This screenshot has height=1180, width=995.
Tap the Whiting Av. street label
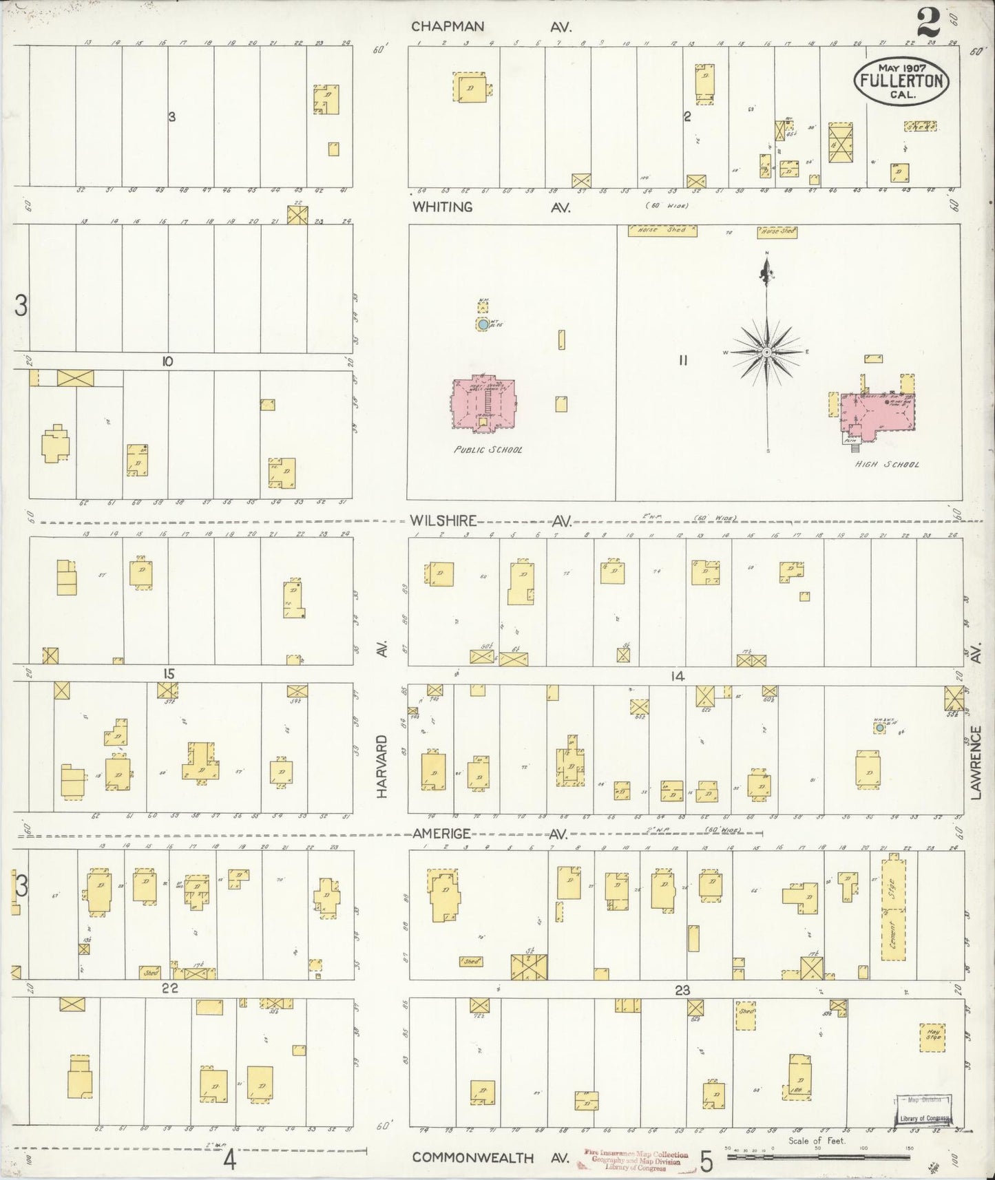pyautogui.click(x=491, y=207)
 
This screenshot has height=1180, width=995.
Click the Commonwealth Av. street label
pyautogui.click(x=491, y=1157)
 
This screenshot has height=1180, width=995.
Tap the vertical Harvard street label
pyautogui.click(x=383, y=766)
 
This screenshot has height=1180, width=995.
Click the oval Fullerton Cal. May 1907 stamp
pyautogui.click(x=901, y=81)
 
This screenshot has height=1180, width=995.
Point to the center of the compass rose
pyautogui.click(x=766, y=352)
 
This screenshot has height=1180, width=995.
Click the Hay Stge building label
pyautogui.click(x=932, y=1037)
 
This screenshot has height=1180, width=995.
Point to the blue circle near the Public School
pyautogui.click(x=483, y=324)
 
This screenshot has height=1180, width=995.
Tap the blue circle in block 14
pyautogui.click(x=879, y=727)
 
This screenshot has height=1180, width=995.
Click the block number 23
pyautogui.click(x=682, y=991)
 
